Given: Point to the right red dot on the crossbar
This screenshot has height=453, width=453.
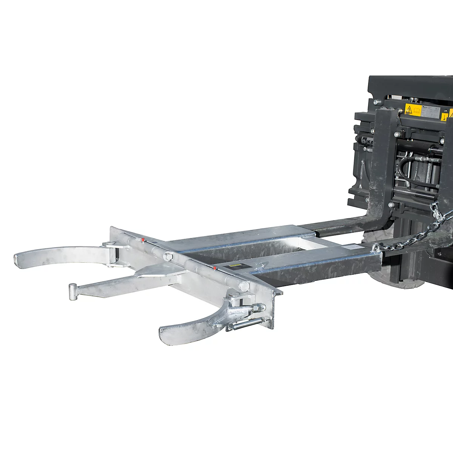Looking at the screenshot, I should click(x=214, y=268).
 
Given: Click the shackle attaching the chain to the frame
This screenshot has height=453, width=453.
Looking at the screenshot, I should click(x=376, y=247).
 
